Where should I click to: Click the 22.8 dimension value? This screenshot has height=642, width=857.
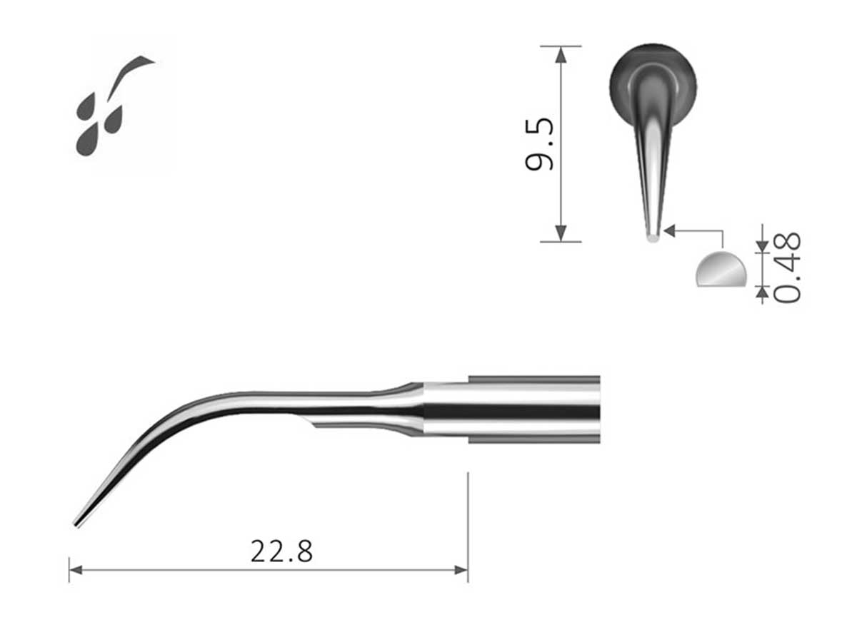point(281,551)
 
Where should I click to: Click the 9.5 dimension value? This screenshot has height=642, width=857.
point(540,144)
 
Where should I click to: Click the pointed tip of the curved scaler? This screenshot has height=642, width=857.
point(76,525)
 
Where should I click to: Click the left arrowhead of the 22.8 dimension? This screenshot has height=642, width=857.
point(74,569)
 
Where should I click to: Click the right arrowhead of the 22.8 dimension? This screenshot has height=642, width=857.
point(462,569)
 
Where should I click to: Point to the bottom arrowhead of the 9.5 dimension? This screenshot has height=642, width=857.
point(561,234)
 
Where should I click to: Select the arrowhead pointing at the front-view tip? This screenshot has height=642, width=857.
point(669,230)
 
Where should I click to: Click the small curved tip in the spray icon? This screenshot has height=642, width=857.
point(136,66)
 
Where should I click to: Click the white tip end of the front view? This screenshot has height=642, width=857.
point(652,237)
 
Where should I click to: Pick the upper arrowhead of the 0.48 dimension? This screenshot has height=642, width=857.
point(761,246)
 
